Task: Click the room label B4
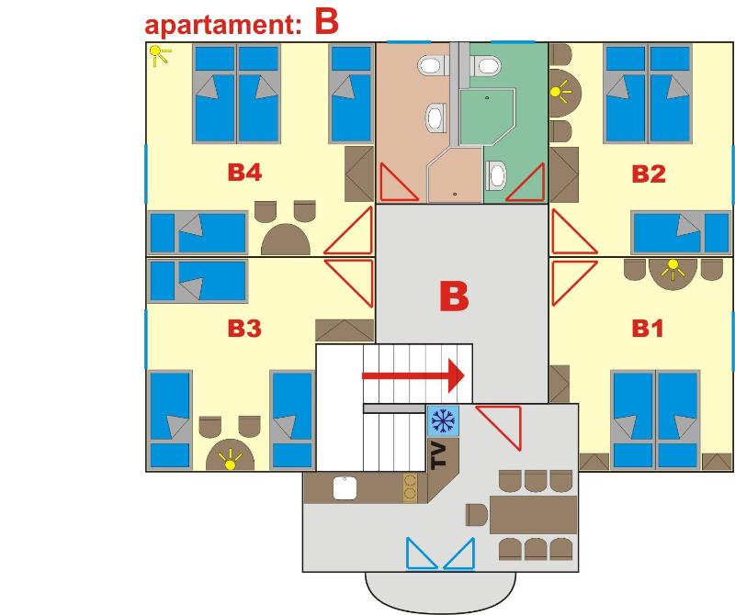point(243,173)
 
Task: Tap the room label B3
point(243,329)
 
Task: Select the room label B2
point(649,173)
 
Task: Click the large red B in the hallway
point(454,297)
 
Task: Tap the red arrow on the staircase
point(413,375)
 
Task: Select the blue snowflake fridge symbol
point(443,420)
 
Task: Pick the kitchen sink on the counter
point(345,487)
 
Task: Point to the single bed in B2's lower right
point(681,231)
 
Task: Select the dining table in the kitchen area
point(532,514)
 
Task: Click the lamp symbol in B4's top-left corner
point(161,57)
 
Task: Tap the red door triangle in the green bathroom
point(527,184)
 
